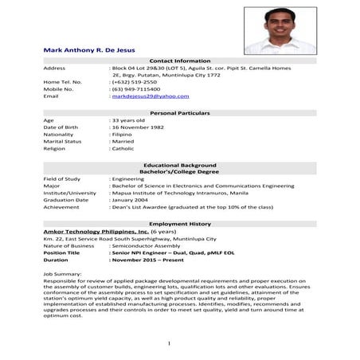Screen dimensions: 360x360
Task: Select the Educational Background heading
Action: (x=179, y=165)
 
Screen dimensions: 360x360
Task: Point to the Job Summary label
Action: (x=61, y=273)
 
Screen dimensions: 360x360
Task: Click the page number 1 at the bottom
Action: (x=169, y=343)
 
